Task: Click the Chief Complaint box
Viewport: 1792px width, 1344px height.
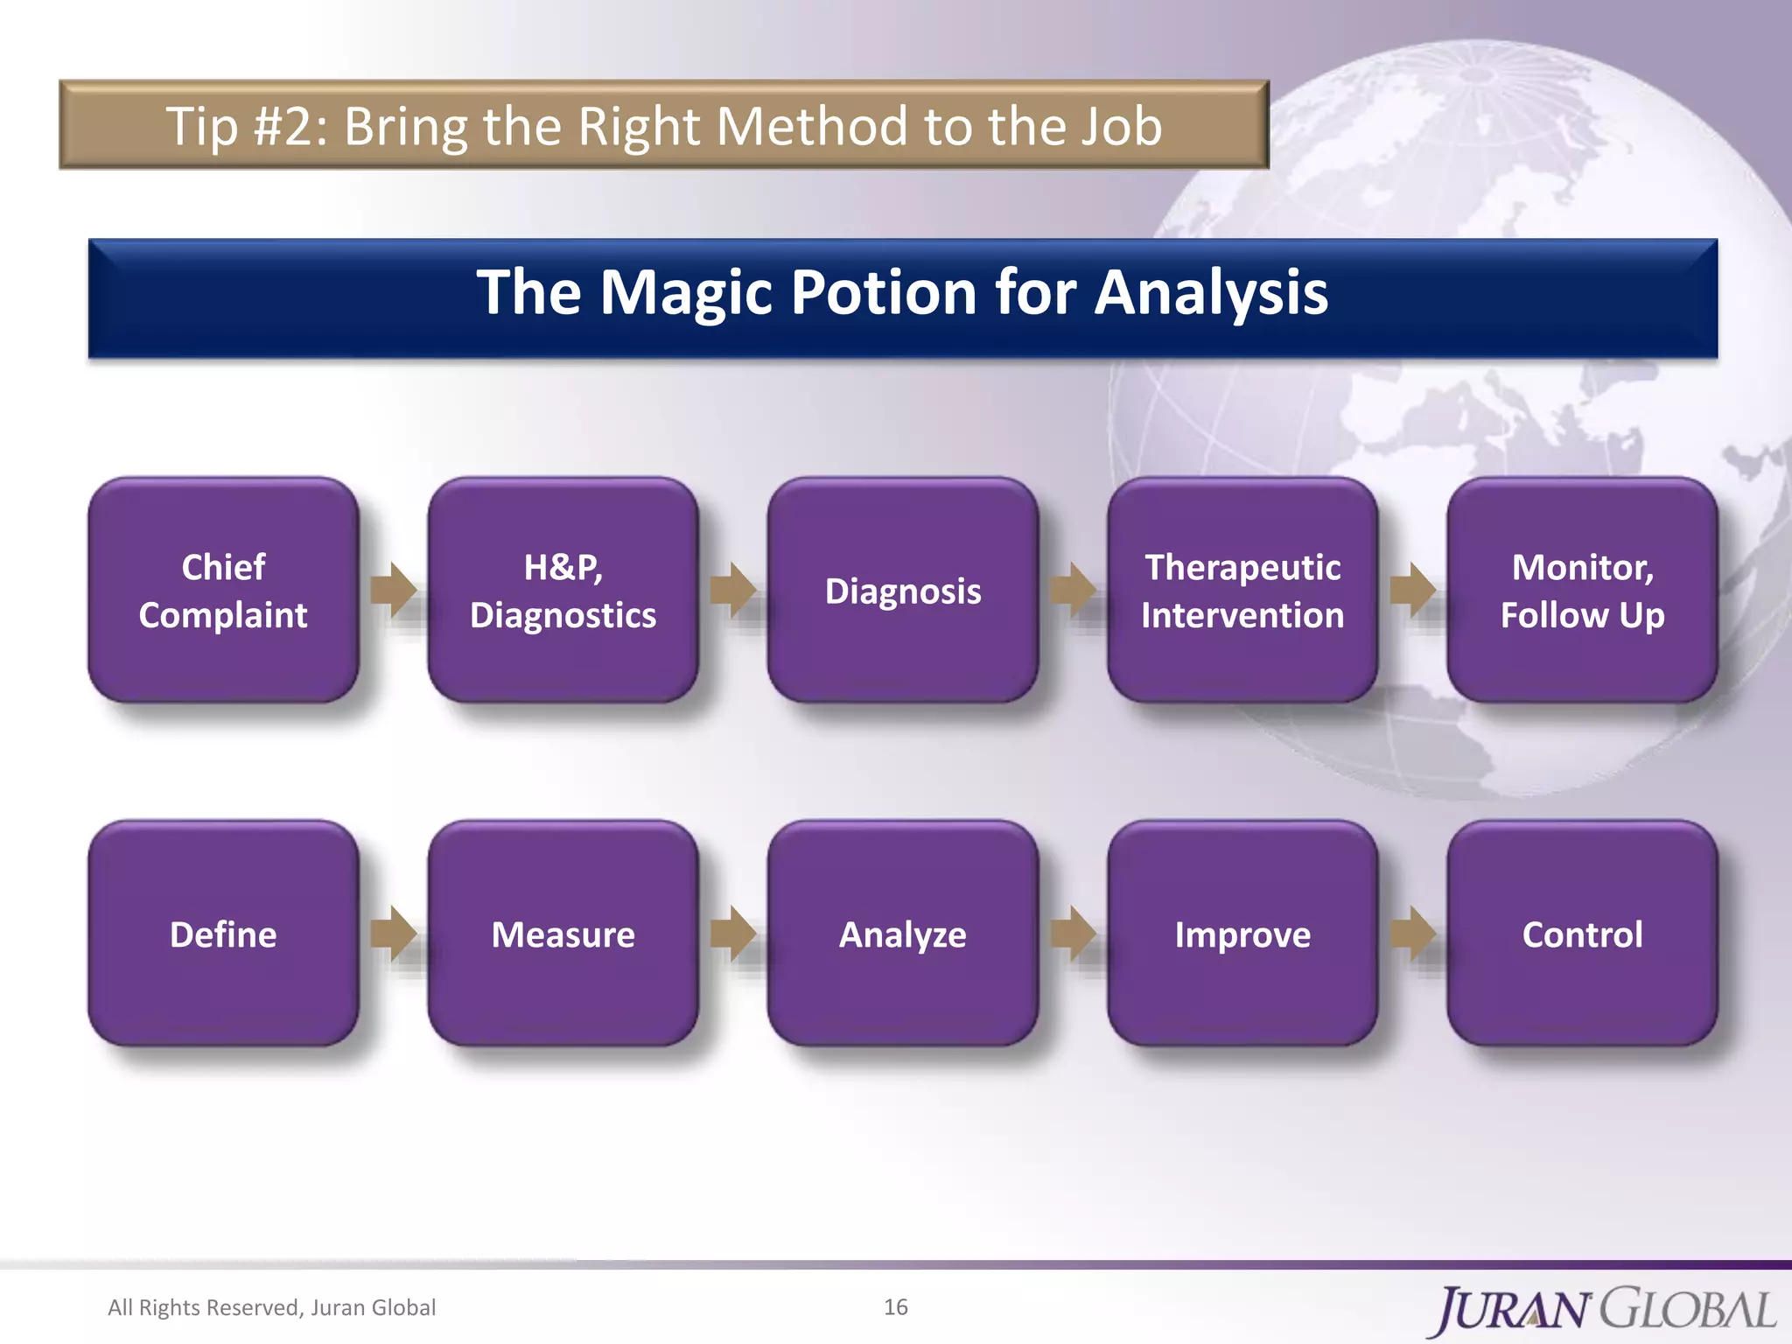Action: point(223,591)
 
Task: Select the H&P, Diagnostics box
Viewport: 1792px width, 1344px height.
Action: point(563,591)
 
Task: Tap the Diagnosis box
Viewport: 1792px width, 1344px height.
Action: point(902,591)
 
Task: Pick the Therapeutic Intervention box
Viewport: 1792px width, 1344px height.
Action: point(1242,591)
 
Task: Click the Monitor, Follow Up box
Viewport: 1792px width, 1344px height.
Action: point(1582,591)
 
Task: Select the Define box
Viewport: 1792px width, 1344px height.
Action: point(223,934)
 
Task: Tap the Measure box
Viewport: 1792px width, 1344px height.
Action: point(563,934)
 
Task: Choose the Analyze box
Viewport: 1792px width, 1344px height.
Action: point(902,934)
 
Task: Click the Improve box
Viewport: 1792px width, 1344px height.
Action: point(1242,934)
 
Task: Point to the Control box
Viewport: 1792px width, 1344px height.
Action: point(1582,934)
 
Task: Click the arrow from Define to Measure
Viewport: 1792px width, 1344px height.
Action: point(393,934)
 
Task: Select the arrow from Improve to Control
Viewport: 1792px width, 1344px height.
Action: point(1412,934)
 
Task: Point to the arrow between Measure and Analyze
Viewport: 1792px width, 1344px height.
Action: point(732,934)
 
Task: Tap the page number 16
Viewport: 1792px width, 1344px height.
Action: point(895,1306)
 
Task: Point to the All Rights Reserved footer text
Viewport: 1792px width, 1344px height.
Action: point(271,1307)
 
